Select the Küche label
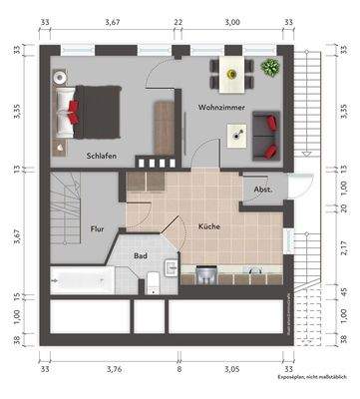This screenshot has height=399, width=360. click(x=208, y=226)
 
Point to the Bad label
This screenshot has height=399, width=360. click(x=142, y=254)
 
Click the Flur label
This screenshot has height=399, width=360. click(x=98, y=227)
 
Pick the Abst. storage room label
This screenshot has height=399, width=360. click(x=261, y=190)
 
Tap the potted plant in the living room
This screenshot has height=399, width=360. click(x=268, y=68)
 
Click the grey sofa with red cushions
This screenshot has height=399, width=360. click(x=266, y=135)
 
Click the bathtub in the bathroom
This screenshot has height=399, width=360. click(x=81, y=280)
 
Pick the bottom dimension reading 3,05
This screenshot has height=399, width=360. click(x=230, y=367)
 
